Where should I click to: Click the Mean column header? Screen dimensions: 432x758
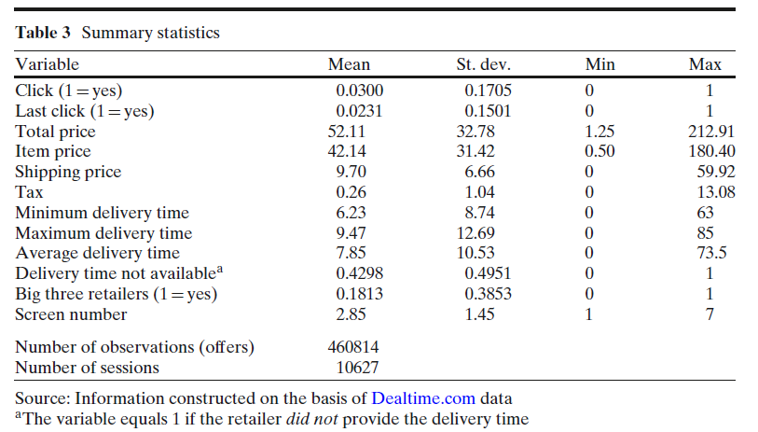[x=349, y=64]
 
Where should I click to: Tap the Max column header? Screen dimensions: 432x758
[x=705, y=64]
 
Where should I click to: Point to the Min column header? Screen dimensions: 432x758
[x=600, y=64]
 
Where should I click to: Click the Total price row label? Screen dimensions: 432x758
[x=55, y=132]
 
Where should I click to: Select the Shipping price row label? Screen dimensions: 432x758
[x=68, y=172]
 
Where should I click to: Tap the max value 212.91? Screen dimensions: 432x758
[x=710, y=132]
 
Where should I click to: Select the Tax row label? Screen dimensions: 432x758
[x=28, y=192]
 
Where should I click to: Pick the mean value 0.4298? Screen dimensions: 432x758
[x=360, y=273]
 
